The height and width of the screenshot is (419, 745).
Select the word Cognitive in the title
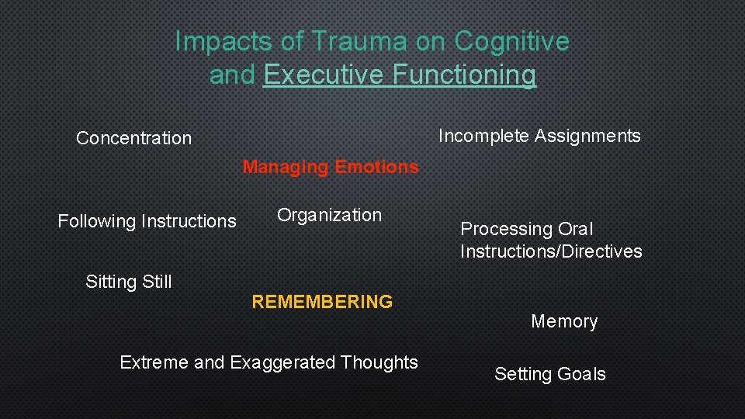512,41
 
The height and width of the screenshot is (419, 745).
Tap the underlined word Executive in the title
324,75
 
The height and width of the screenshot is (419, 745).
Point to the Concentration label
133,139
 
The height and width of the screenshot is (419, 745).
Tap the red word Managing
286,167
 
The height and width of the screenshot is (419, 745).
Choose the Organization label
330,216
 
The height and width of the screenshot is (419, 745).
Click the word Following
97,222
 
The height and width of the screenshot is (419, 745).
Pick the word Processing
506,230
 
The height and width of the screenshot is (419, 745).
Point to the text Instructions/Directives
551,251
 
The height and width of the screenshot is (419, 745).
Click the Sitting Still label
129,282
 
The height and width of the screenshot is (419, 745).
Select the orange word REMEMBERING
322,302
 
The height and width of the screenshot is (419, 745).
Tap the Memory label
564,321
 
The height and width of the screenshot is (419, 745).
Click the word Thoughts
379,362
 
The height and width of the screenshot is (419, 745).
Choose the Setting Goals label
549,374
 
